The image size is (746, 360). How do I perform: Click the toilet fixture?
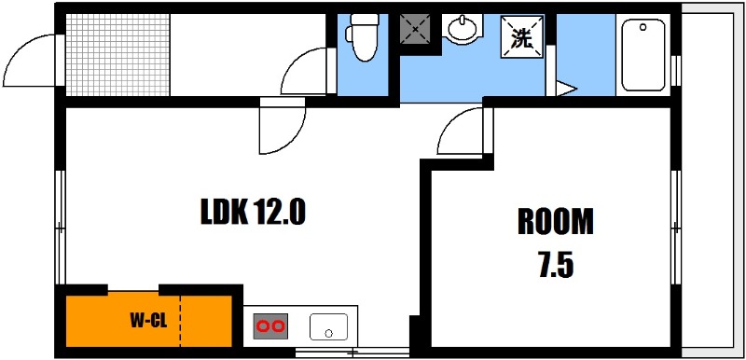click(x=363, y=38)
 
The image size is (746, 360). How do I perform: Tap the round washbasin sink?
click(x=462, y=29)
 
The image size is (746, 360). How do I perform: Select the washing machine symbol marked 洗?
click(x=521, y=36)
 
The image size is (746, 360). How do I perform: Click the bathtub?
click(x=643, y=55)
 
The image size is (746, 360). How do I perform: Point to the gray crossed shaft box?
click(x=415, y=29)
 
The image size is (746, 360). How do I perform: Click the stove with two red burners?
click(x=270, y=326)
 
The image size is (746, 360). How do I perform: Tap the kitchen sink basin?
click(x=328, y=326)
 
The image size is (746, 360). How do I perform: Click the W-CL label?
click(x=148, y=322)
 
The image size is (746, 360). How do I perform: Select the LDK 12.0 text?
click(x=252, y=213)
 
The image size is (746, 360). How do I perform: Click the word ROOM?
click(x=556, y=222)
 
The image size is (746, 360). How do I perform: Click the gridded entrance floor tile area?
click(x=117, y=55)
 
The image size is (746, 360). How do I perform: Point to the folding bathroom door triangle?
click(x=566, y=89)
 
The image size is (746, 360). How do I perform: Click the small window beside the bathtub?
click(x=675, y=70)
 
